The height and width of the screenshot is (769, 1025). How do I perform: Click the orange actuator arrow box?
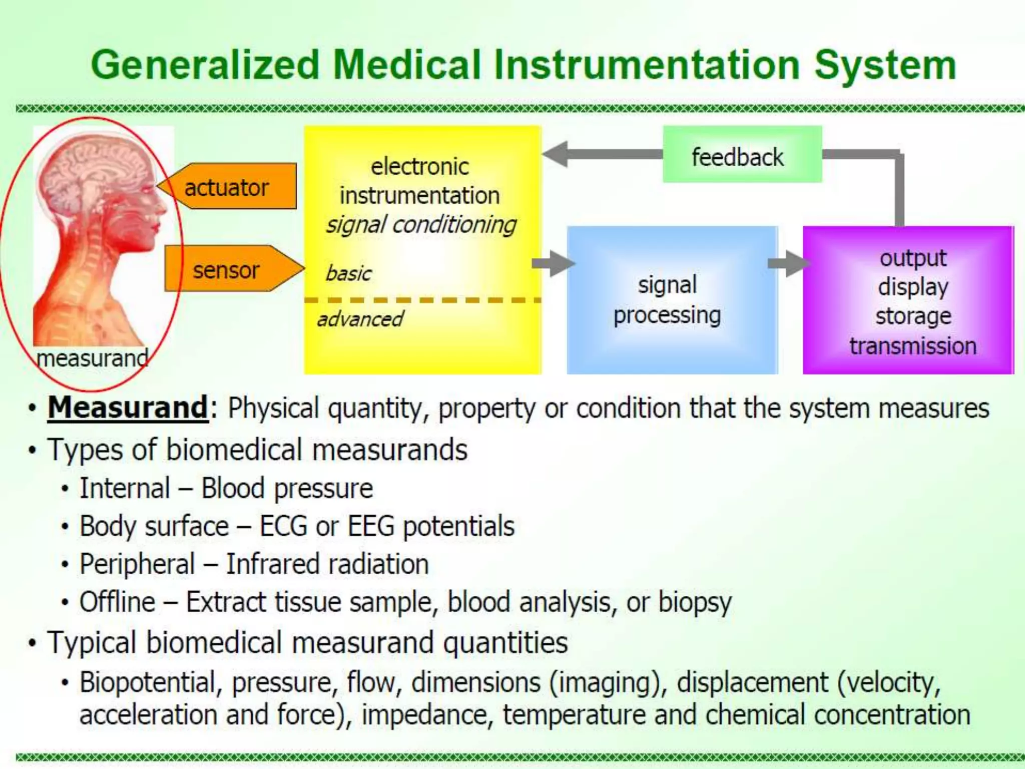(x=228, y=186)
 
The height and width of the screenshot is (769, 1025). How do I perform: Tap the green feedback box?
(x=742, y=155)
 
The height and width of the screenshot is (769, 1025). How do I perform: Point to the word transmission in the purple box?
(x=912, y=346)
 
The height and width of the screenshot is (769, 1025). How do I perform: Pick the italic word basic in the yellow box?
(x=348, y=273)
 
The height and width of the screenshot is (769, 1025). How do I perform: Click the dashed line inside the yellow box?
(x=422, y=300)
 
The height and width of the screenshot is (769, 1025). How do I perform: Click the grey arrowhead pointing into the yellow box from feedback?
(x=556, y=154)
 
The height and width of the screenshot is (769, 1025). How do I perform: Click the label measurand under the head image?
(x=93, y=358)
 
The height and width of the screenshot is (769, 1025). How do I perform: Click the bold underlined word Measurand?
(x=128, y=408)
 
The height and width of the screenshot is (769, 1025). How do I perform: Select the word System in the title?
(x=885, y=65)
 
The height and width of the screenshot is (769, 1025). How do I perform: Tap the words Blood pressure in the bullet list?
(x=287, y=488)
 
